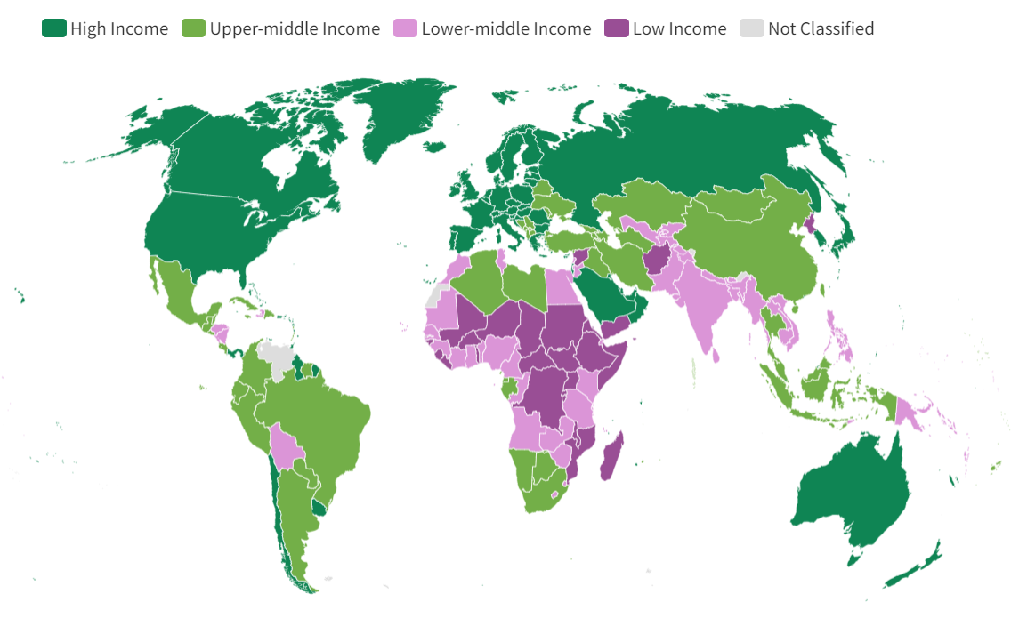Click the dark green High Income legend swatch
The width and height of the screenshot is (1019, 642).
click(54, 28)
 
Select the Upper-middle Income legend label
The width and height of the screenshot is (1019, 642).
click(295, 28)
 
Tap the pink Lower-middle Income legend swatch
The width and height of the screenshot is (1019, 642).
click(405, 28)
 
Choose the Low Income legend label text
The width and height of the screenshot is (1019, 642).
click(679, 28)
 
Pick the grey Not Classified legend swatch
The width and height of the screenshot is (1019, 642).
click(752, 28)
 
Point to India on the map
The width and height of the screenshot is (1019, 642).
click(702, 302)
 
